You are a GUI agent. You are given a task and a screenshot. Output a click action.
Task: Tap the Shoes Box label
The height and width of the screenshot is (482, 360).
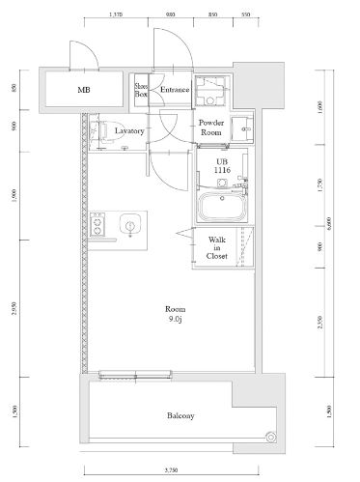click(141, 91)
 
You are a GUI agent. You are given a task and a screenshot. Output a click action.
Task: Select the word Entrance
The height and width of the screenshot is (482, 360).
click(174, 91)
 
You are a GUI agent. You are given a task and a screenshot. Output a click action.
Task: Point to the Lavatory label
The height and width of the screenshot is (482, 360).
click(128, 129)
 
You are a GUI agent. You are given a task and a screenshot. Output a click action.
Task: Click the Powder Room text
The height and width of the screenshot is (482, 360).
click(211, 128)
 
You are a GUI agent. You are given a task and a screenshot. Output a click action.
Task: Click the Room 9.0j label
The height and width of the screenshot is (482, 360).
click(174, 313)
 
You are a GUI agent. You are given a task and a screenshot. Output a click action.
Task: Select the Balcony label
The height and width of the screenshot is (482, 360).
click(180, 416)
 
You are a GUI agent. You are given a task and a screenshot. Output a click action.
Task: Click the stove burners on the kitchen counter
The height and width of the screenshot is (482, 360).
click(97, 228)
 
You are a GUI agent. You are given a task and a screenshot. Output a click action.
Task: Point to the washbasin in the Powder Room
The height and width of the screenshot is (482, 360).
click(242, 128)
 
